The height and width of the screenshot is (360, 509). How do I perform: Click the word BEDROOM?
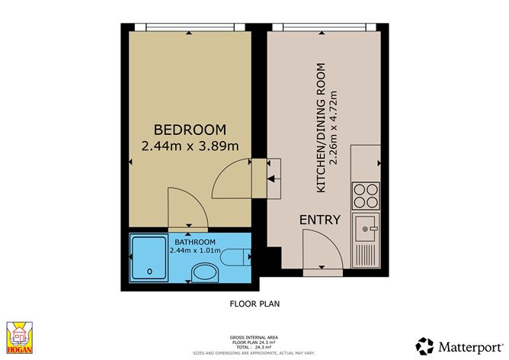point(190,130)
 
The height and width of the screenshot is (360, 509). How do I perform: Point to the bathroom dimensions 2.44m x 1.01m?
point(195,249)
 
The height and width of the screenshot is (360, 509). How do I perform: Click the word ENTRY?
point(320,220)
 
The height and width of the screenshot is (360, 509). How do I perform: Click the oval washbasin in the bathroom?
point(205,272)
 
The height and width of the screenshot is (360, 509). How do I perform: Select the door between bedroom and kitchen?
point(232,178)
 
